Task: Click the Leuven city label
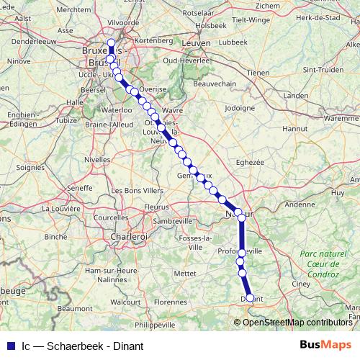197,43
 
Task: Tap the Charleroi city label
129,235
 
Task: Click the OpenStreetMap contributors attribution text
297,322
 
